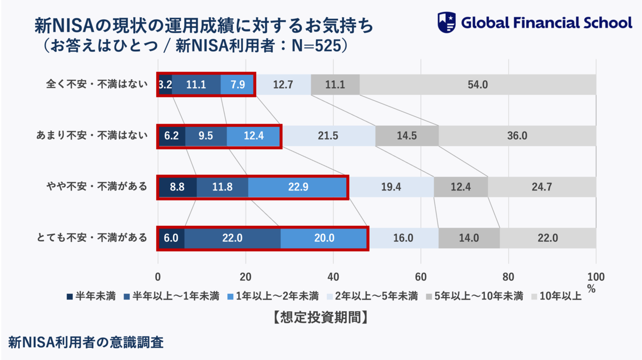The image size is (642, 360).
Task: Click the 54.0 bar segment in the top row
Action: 477,85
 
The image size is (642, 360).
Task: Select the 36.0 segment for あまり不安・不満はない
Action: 517,136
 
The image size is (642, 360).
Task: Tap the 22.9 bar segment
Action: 297,187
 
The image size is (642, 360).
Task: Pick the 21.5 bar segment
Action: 328,136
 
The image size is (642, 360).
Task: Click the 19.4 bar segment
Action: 391,187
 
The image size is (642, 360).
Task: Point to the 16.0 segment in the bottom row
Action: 403,238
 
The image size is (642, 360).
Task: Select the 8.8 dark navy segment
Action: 178,187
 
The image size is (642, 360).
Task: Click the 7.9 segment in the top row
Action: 238,85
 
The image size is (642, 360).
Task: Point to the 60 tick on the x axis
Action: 421,277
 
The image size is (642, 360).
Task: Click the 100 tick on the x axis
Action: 595,277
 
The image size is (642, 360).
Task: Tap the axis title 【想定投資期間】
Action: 319,317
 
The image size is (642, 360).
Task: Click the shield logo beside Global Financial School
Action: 447,22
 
